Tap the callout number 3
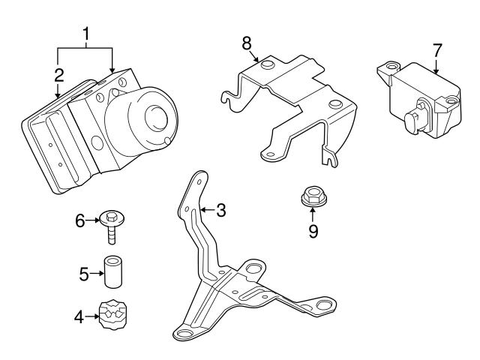pyautogui.click(x=220, y=211)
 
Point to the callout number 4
pyautogui.click(x=79, y=317)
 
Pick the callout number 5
pyautogui.click(x=84, y=274)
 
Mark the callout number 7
pyautogui.click(x=437, y=50)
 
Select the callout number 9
pyautogui.click(x=313, y=231)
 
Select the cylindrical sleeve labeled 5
pyautogui.click(x=113, y=274)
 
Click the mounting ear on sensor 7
pyautogui.click(x=387, y=69)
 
